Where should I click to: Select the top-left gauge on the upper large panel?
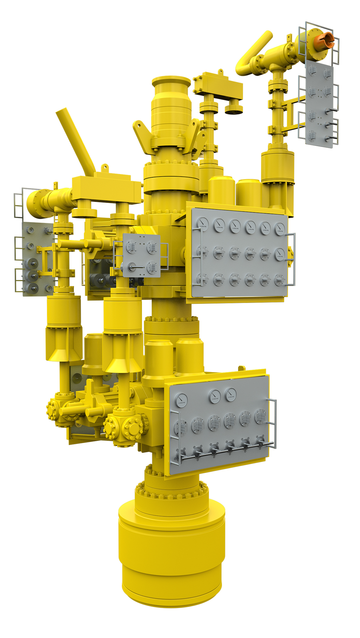[203, 223]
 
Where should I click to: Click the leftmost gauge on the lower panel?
[181, 400]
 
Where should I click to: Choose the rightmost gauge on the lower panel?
[230, 394]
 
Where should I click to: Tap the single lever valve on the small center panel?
[133, 267]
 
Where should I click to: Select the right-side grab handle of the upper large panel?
[292, 259]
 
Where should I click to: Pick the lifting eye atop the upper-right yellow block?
[220, 72]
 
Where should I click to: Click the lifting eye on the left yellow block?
[104, 167]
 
